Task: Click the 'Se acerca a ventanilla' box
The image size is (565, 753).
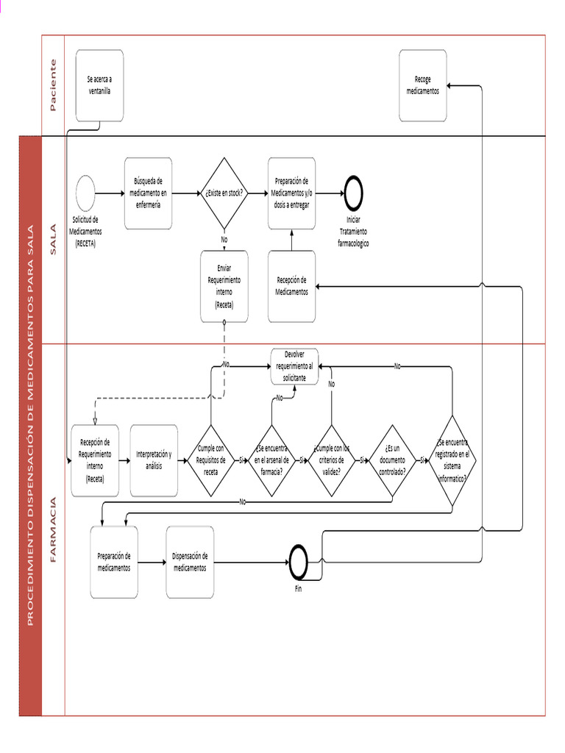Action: click(x=99, y=85)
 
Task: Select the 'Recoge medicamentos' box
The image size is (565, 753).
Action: click(x=422, y=85)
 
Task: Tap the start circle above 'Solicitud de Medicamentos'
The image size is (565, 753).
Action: click(x=86, y=193)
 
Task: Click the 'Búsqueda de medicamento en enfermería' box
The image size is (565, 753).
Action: click(x=148, y=193)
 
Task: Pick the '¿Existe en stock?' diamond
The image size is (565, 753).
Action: click(x=224, y=193)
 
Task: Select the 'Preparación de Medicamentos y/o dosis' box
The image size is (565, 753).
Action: click(x=291, y=193)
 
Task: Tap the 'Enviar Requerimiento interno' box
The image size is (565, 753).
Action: click(x=224, y=286)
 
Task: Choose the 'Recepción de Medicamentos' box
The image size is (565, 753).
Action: click(x=291, y=286)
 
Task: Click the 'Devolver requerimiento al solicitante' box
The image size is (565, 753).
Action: click(x=294, y=365)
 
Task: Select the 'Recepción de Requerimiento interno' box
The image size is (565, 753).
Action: click(x=95, y=460)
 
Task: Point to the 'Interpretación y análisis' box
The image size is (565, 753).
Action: click(x=154, y=460)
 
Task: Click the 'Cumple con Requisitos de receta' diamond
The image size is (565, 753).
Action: click(x=211, y=460)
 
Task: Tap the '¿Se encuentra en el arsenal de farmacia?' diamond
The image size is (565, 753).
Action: click(x=271, y=460)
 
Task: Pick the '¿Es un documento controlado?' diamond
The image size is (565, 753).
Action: click(x=391, y=460)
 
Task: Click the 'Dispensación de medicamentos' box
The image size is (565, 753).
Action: click(x=190, y=563)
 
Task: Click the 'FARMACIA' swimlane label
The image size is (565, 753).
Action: click(x=53, y=529)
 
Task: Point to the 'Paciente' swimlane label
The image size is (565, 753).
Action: click(x=53, y=85)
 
